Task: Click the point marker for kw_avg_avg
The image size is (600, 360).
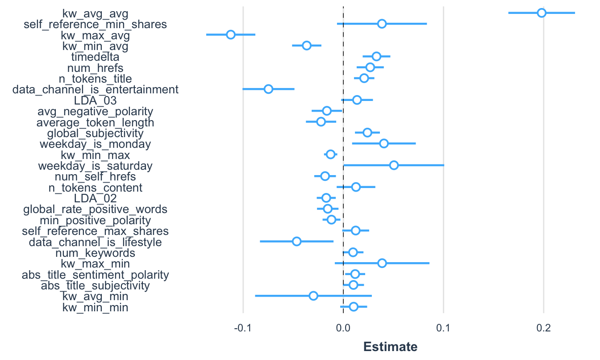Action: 542,13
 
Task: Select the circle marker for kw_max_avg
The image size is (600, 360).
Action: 230,34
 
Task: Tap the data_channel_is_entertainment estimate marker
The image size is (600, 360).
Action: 268,89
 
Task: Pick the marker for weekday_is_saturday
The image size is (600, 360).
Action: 394,165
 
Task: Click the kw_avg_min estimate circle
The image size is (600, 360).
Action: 313,296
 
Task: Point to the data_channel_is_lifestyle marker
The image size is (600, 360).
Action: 296,241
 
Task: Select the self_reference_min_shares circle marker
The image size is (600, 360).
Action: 382,24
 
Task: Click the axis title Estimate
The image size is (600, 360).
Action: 390,347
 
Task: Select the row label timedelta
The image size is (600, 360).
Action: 95,57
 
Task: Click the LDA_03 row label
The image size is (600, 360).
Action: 95,100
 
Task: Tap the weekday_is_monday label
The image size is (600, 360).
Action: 95,144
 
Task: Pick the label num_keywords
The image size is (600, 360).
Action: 95,253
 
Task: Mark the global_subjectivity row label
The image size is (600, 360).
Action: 95,133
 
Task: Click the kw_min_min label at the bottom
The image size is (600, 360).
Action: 95,307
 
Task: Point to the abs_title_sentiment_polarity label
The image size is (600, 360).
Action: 95,274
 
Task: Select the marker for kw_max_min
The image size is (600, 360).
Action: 382,263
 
